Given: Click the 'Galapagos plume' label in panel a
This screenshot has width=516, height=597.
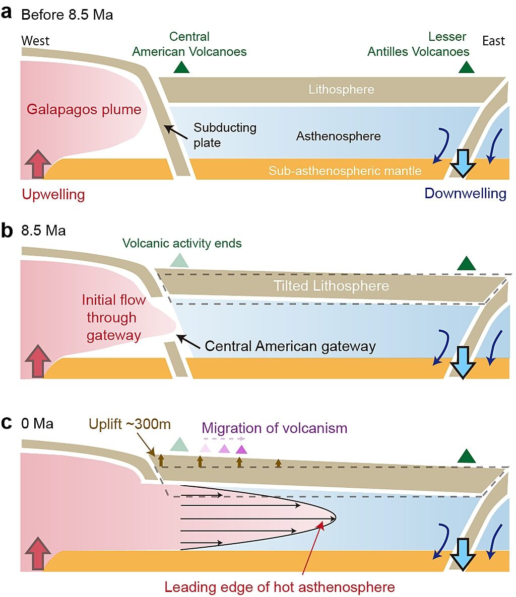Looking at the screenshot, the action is tap(84, 109).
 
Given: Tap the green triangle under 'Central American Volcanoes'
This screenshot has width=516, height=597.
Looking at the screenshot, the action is tap(181, 67).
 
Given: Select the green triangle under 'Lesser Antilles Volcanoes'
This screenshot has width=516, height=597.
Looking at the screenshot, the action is tap(466, 67).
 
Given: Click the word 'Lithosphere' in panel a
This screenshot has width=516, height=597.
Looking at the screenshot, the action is tap(341, 90).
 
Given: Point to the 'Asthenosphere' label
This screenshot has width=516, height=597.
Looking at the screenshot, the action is tap(339, 136).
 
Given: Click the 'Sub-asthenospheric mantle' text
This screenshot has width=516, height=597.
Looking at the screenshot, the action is tap(345, 171).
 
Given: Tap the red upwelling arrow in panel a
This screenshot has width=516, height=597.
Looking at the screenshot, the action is tap(38, 164).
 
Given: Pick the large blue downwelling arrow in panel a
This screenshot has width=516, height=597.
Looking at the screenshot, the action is tap(463, 163).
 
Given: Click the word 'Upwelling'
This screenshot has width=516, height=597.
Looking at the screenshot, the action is tap(53, 194).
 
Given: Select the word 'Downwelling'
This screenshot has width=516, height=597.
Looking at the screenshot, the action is tap(465, 193).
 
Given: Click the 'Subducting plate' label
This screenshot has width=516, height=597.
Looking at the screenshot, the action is tap(225, 135).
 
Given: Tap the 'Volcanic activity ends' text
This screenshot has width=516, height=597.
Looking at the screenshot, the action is tap(182, 243).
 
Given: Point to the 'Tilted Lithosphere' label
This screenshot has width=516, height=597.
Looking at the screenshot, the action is tap(331, 286).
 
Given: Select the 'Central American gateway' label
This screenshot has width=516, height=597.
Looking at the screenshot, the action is tap(290, 346).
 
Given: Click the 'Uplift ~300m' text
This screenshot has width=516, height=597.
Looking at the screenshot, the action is tap(130, 424).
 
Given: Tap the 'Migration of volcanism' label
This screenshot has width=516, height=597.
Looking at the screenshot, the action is tap(275, 428).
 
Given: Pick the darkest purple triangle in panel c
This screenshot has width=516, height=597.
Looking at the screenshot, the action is tap(241, 450).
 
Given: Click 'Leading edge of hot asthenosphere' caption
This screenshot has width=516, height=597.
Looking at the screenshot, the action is tap(279, 587).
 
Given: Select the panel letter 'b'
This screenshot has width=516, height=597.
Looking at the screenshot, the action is tap(7, 230).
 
